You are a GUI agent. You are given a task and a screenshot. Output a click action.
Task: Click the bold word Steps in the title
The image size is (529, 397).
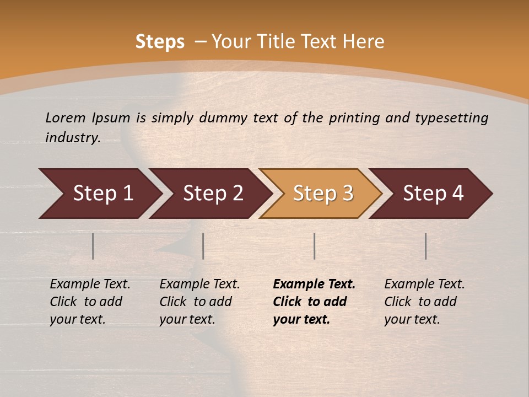click(160, 42)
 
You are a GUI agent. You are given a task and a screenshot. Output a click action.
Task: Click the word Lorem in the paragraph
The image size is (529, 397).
click(66, 117)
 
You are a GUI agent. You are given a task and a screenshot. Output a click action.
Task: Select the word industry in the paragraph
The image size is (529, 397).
click(72, 138)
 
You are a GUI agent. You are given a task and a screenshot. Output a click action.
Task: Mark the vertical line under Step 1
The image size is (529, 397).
click(93, 246)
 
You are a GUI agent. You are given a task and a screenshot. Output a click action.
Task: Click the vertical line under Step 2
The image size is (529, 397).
click(203, 246)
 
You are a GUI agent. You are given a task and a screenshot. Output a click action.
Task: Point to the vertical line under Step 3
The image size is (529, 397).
click(314, 246)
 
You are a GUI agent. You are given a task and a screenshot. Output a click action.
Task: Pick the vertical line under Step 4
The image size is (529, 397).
click(426, 246)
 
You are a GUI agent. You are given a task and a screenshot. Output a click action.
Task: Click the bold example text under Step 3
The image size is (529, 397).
click(314, 302)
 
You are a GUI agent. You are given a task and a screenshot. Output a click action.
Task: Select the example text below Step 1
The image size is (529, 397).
click(90, 302)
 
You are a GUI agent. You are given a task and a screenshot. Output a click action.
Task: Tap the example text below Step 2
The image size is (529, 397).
click(199, 302)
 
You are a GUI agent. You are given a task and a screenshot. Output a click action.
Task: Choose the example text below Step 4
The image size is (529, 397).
click(424, 302)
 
